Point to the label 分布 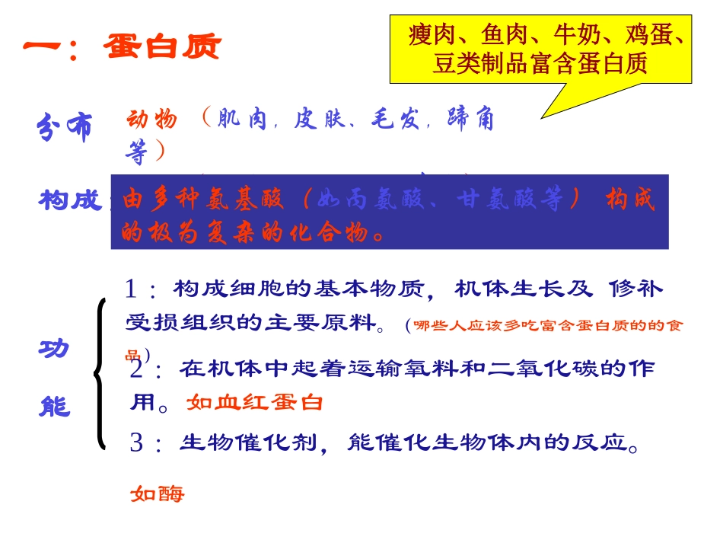(64, 127)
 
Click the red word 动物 (152, 120)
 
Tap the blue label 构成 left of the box (70, 201)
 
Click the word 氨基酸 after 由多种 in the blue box (246, 200)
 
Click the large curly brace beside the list (100, 373)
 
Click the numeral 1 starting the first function (132, 289)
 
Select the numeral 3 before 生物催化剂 (136, 443)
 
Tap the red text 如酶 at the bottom (157, 494)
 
